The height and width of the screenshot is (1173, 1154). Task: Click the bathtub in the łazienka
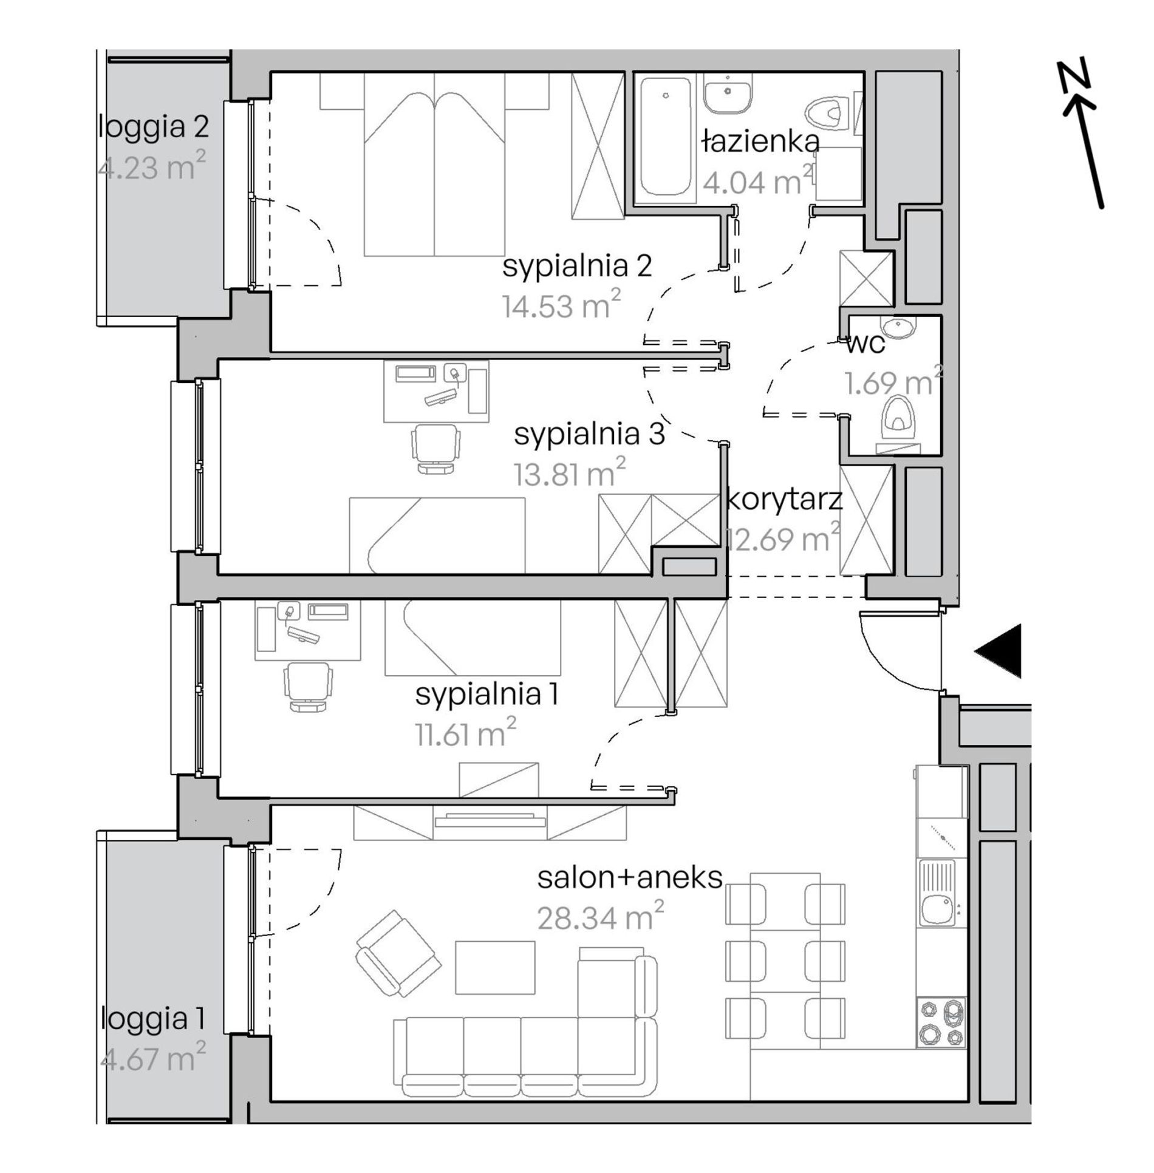point(666,139)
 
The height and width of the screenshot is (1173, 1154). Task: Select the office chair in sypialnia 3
point(435,447)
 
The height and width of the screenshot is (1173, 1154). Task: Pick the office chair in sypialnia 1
point(309,686)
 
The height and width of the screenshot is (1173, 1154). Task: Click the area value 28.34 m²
point(600,917)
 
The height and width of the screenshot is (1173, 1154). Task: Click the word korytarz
point(785,500)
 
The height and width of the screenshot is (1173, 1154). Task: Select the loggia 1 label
point(152,1019)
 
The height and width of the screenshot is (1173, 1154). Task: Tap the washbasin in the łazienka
point(728,94)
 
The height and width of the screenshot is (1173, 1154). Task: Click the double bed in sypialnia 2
point(434,164)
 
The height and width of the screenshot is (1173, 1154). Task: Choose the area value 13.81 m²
point(570,473)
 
